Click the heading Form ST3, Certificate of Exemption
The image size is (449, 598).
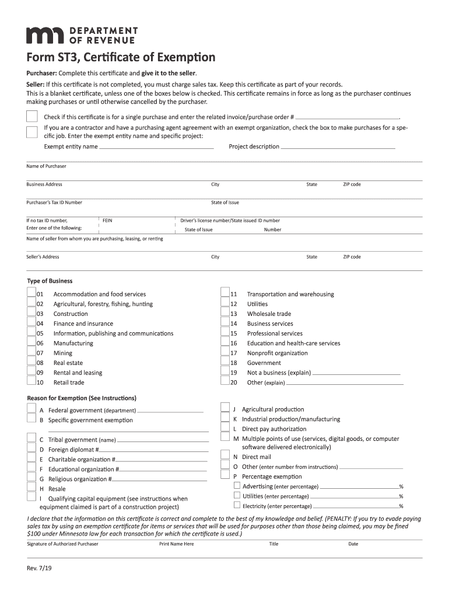point(121,58)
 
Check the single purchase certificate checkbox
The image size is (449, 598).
point(32,116)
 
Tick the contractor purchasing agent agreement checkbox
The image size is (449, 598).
point(32,131)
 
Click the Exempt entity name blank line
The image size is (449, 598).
point(156,147)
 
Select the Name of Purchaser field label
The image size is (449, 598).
point(46,166)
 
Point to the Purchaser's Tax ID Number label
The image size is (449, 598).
point(54,203)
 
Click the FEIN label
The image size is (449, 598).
point(107,221)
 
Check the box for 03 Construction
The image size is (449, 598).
point(31,314)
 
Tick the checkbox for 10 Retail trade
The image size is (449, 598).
point(31,382)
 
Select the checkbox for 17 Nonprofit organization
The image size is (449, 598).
point(224,353)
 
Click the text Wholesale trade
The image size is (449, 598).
point(269,314)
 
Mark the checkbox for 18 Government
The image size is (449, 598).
point(224,363)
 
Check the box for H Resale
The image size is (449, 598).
point(31,488)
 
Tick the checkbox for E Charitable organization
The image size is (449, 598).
point(31,458)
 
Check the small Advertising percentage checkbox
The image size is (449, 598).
point(237,486)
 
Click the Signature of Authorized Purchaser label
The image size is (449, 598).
point(62,544)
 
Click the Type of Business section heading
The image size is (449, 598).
point(50,281)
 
